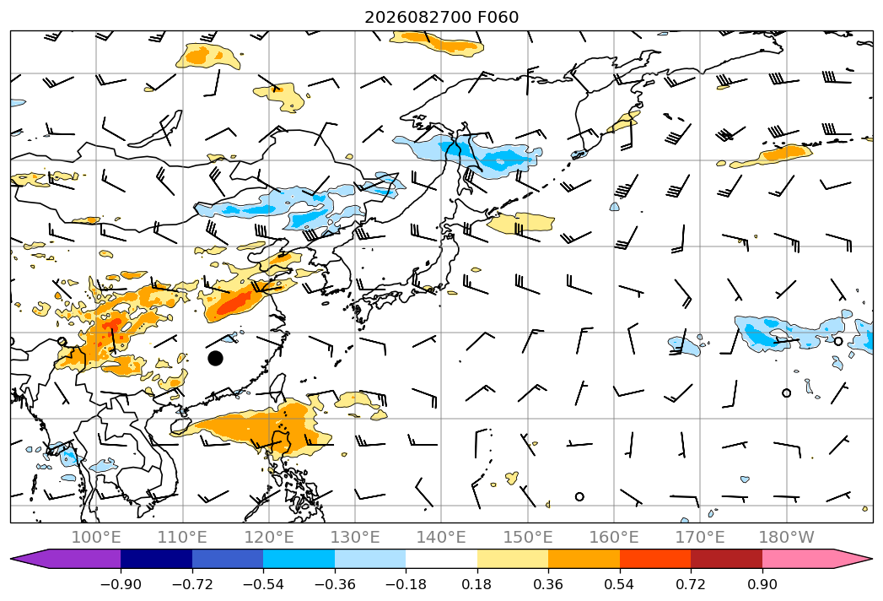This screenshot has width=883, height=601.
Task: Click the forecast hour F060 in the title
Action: tap(498, 18)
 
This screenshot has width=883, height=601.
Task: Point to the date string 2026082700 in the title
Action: tap(417, 18)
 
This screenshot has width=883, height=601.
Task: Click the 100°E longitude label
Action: tap(96, 537)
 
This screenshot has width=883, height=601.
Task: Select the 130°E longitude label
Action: tap(355, 537)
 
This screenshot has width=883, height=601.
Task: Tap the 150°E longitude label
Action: tap(528, 537)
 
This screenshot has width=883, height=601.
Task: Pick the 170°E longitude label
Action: tap(700, 537)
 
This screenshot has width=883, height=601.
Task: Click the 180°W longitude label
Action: tap(787, 537)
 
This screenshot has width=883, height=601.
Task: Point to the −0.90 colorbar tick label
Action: tap(121, 584)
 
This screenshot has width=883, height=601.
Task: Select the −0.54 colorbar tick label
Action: tap(263, 584)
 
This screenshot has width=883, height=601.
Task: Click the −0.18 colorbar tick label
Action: tap(406, 584)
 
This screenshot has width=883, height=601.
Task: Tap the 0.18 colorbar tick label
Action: tap(477, 584)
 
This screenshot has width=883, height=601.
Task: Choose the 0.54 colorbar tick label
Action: tap(620, 584)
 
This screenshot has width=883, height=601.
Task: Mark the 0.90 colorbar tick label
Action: tap(762, 584)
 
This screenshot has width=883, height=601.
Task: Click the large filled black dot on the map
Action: tap(215, 358)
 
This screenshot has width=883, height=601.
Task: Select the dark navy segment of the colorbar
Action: tap(156, 558)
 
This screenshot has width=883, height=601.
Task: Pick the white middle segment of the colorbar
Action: tap(442, 558)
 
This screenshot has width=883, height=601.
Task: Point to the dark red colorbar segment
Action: tap(726, 558)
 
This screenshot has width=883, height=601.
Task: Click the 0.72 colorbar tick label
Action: tap(691, 584)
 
